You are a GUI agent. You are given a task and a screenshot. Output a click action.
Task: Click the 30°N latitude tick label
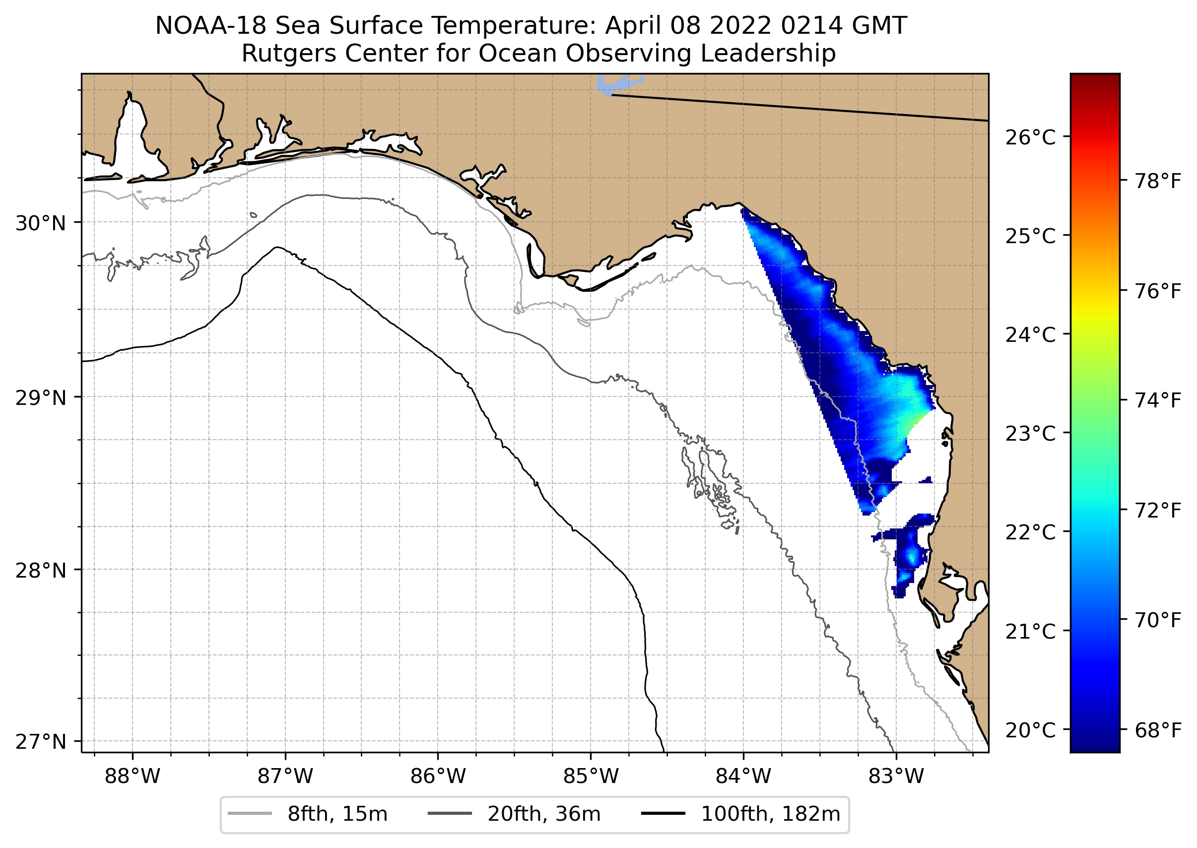click(x=41, y=223)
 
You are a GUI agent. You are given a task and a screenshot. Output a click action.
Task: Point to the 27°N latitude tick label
click(x=41, y=741)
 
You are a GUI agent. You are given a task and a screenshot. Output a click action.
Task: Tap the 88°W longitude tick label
click(x=132, y=777)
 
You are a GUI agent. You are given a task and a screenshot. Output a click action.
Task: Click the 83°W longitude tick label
click(x=896, y=777)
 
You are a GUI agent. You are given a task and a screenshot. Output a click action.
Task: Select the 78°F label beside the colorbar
click(x=1158, y=182)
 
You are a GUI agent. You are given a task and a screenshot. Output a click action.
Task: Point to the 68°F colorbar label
click(x=1158, y=730)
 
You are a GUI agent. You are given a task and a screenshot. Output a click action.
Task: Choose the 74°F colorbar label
click(x=1158, y=400)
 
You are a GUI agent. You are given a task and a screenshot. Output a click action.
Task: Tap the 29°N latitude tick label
click(x=41, y=398)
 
